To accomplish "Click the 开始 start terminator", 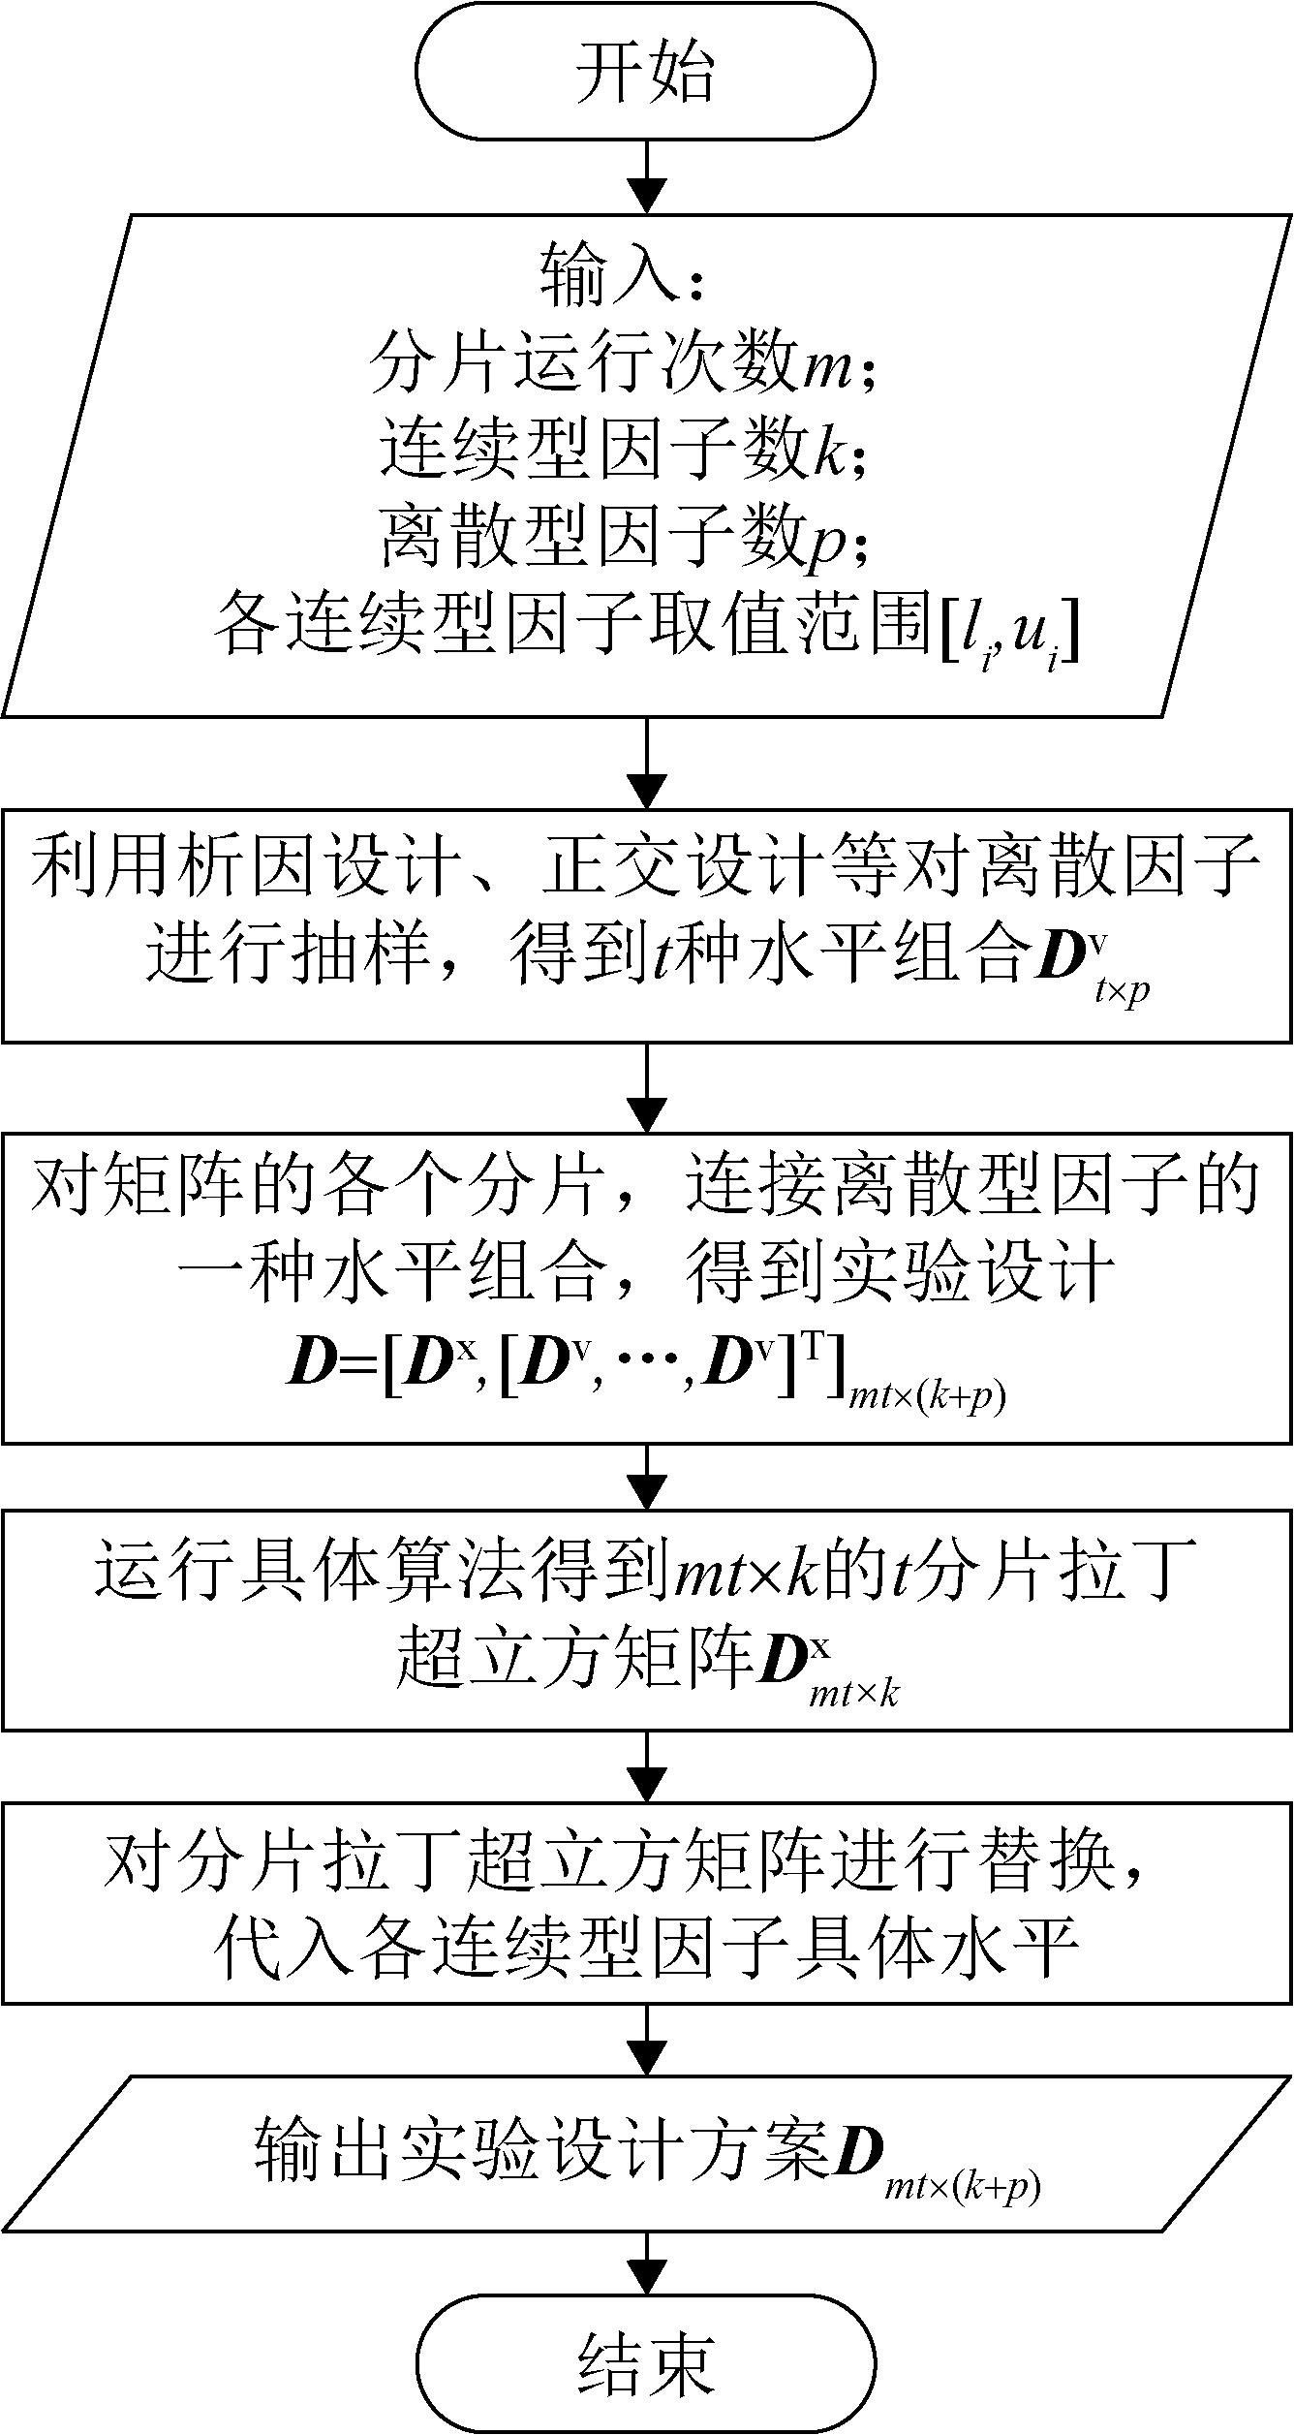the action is point(646,71).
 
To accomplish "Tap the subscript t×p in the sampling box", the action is point(1122,991).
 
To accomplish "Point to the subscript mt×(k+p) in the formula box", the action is point(926,1397).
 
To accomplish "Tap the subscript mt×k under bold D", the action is point(853,1694).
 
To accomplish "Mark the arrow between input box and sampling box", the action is point(646,764).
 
